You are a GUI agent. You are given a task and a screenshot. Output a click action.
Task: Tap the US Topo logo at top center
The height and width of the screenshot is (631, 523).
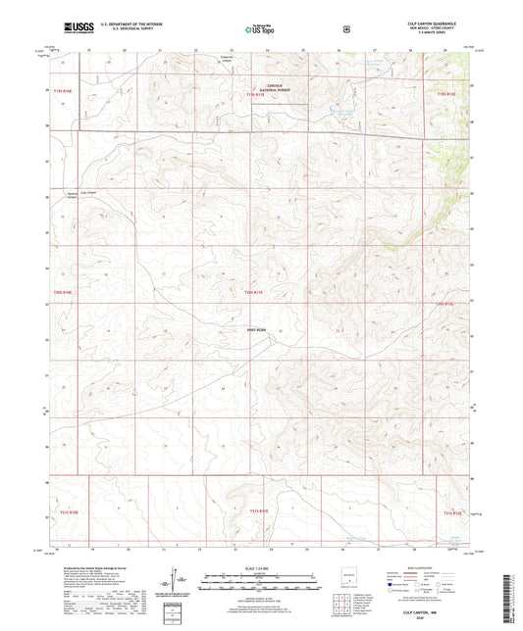point(260,28)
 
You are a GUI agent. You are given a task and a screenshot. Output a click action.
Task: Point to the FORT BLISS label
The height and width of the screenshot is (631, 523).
point(256,330)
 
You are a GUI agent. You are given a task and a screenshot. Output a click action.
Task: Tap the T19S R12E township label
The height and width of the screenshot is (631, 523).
point(445,93)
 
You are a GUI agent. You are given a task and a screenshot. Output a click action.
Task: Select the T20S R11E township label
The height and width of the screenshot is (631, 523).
point(255,291)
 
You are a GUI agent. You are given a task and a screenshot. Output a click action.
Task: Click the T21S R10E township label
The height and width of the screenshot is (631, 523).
point(67,511)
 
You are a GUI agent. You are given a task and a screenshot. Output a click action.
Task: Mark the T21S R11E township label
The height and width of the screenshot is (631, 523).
point(258,510)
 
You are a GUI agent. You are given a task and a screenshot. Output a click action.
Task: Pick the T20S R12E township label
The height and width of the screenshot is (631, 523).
point(446,304)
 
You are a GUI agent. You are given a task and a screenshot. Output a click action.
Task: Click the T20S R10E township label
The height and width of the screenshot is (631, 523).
point(64,291)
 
